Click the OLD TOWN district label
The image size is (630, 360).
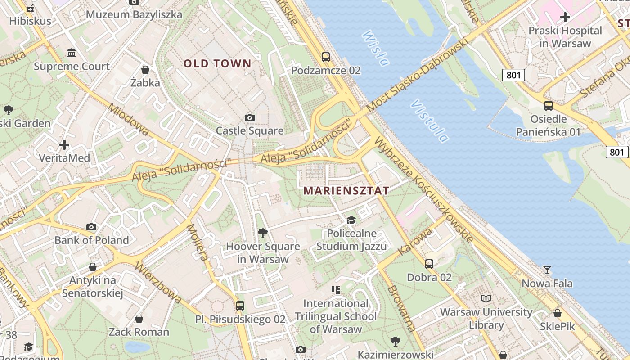point(217,63)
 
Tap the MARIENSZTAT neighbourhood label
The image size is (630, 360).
point(346,190)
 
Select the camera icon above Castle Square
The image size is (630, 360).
point(249,118)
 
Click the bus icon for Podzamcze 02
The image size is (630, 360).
point(325,57)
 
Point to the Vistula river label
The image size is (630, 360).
point(429,121)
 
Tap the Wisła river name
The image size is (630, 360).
point(375,48)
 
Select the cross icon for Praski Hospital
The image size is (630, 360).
point(565,18)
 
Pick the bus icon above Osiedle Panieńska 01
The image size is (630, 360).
point(548,106)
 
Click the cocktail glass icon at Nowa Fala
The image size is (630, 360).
point(547,270)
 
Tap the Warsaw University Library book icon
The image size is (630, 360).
point(486,298)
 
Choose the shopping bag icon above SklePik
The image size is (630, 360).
point(557,313)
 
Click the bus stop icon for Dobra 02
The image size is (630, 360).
point(429,264)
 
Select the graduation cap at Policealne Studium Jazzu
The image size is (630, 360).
point(351,220)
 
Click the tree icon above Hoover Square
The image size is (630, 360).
point(263,233)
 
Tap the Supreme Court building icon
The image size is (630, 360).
point(72,53)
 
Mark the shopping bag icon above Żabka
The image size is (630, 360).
point(145,70)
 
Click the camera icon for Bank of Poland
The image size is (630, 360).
point(91,227)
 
